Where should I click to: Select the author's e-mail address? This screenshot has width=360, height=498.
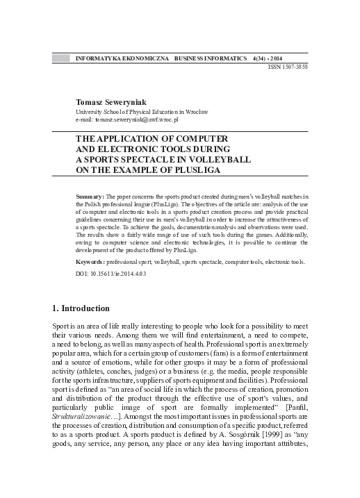click(x=138, y=119)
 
